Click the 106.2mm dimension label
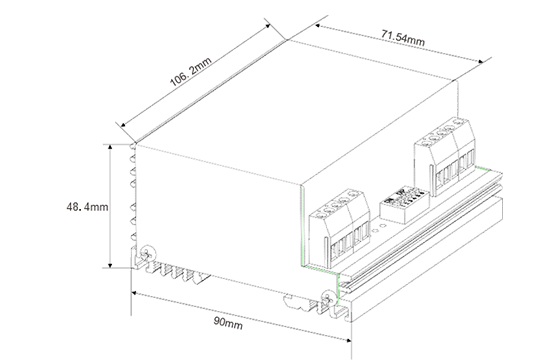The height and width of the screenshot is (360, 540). (x=190, y=72)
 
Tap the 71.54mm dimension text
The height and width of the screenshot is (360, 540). (x=403, y=37)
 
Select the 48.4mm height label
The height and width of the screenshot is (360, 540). (x=87, y=207)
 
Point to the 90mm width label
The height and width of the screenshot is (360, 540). (x=228, y=323)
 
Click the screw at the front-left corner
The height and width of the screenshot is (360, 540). (x=149, y=254)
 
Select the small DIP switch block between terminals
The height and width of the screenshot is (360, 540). (x=404, y=205)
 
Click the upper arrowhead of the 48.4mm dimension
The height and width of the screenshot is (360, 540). (x=110, y=147)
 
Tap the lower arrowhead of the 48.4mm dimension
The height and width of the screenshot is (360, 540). (x=110, y=265)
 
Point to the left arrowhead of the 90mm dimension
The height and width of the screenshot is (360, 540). (x=135, y=293)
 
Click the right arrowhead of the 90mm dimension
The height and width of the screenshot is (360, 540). (x=348, y=340)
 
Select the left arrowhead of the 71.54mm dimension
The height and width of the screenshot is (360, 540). (x=318, y=26)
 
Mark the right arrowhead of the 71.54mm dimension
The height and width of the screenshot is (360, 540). (x=481, y=62)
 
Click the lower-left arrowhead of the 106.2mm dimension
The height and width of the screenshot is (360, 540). (x=123, y=124)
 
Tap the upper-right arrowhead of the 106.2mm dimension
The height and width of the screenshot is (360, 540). (x=267, y=26)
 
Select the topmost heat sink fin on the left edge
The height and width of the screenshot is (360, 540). (x=132, y=146)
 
